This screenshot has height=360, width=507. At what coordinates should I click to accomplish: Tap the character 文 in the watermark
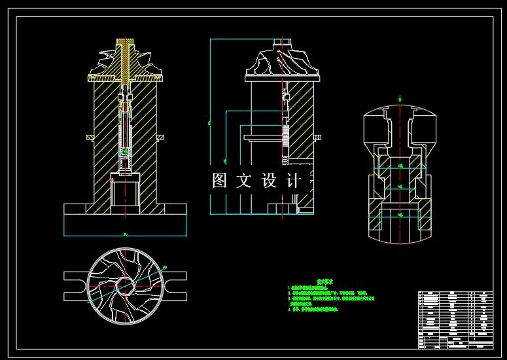243,181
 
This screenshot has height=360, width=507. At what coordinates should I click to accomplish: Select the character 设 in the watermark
269,181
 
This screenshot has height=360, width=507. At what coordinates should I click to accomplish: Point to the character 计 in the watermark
294,181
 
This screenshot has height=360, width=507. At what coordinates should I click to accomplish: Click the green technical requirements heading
321,281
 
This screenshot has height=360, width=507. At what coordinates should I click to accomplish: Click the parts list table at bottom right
455,319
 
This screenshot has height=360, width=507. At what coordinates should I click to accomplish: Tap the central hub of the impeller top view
125,285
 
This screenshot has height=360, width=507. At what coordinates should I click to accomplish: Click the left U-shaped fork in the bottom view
74,285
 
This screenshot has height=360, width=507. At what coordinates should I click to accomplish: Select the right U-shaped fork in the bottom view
176,285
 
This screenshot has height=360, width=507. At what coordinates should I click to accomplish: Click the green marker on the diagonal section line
164,267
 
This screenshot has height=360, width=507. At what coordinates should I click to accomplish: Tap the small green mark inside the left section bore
126,151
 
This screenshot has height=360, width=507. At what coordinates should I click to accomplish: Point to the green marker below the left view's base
124,232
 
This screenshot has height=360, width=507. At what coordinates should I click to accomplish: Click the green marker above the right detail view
399,98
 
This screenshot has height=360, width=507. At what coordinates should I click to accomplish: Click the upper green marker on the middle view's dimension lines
210,122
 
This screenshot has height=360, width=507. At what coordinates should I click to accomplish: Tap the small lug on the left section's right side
160,137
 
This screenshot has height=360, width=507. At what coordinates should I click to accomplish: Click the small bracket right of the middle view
317,137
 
